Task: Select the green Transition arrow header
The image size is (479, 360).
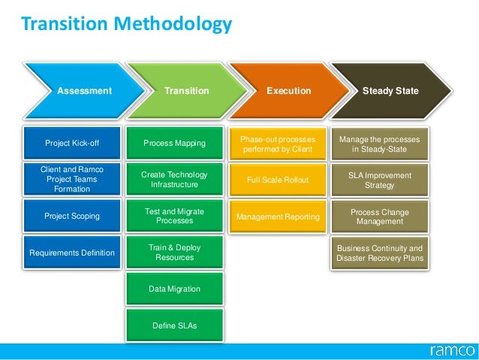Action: click(x=186, y=91)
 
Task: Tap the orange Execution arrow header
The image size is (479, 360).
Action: click(x=289, y=91)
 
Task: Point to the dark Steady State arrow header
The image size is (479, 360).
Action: click(x=390, y=91)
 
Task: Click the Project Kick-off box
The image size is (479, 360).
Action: click(x=72, y=143)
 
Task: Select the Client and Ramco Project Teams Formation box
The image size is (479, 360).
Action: click(x=72, y=179)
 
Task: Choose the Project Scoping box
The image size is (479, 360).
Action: click(x=72, y=216)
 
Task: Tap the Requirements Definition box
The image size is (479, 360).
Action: click(x=72, y=253)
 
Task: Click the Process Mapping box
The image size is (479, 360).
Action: click(x=174, y=143)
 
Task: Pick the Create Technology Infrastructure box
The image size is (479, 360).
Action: click(x=174, y=179)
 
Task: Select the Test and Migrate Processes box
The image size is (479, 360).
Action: click(x=174, y=216)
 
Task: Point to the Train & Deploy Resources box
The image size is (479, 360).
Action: click(x=174, y=253)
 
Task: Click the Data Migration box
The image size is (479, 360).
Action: click(x=174, y=289)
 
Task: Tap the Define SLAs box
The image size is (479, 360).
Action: click(x=174, y=325)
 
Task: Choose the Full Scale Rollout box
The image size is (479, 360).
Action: click(x=278, y=180)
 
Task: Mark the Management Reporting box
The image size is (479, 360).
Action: click(x=278, y=217)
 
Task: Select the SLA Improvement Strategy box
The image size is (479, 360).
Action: click(x=379, y=180)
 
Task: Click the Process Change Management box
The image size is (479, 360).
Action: click(x=379, y=217)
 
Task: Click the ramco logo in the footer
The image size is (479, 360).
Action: click(x=450, y=350)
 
